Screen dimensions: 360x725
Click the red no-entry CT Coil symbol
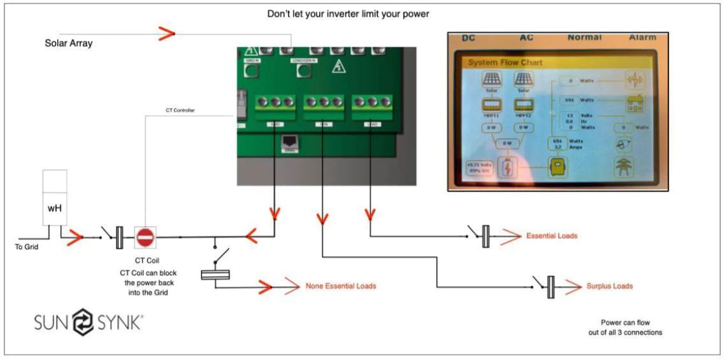pyautogui.click(x=145, y=238)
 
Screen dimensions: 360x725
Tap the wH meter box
pyautogui.click(x=55, y=198)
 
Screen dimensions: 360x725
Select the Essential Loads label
pyautogui.click(x=552, y=236)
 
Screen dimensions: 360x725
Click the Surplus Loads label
pyautogui.click(x=610, y=286)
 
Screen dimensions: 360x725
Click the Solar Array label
pyautogui.click(x=68, y=43)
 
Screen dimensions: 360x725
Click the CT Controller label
pyautogui.click(x=180, y=110)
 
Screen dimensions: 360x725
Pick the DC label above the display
pyautogui.click(x=468, y=38)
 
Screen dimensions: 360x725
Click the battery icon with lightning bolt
pyautogui.click(x=508, y=167)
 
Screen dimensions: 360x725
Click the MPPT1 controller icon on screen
pyautogui.click(x=491, y=106)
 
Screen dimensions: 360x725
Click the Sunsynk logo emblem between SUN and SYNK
pyautogui.click(x=82, y=321)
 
